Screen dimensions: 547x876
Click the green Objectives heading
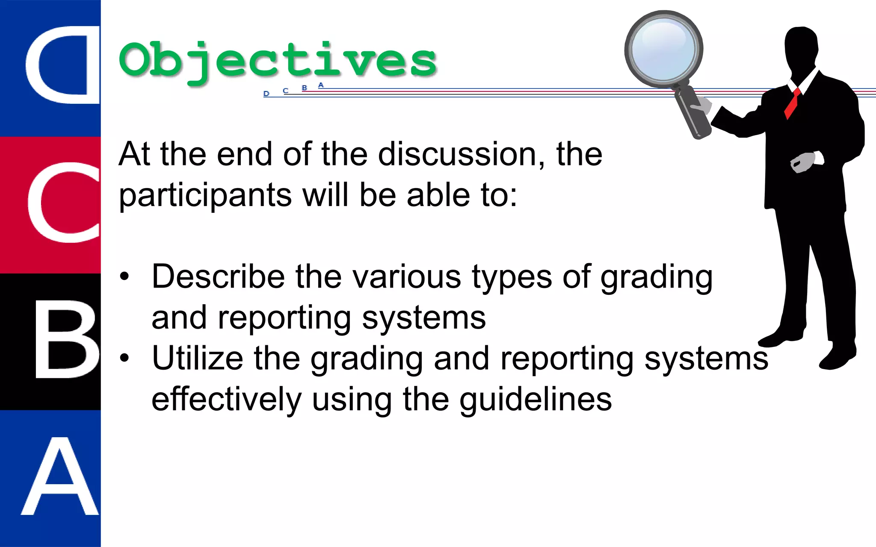[x=278, y=61]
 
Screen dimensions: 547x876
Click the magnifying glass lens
[x=663, y=50]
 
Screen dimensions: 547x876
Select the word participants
[x=205, y=196]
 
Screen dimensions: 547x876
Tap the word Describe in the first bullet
[x=218, y=276]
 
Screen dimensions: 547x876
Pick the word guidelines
[x=536, y=400]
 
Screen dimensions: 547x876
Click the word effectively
[x=227, y=399]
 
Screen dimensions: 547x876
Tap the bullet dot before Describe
[x=124, y=276]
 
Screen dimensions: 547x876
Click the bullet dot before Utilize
[x=124, y=358]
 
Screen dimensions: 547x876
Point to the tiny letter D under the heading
[x=266, y=94]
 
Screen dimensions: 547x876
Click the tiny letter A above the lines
[x=321, y=85]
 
